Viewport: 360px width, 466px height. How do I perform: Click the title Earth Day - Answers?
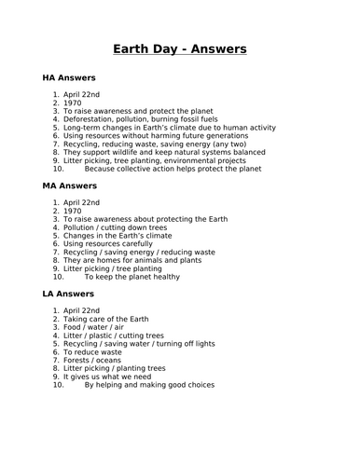coord(179,49)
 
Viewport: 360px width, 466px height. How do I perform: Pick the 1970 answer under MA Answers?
coord(73,212)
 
